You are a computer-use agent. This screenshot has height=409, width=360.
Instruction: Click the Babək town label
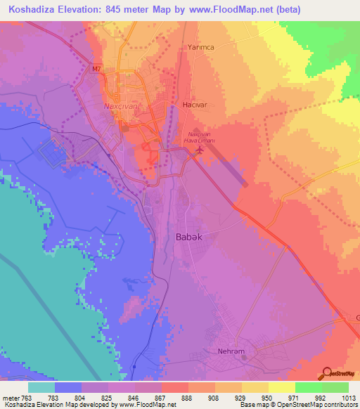(x=188, y=238)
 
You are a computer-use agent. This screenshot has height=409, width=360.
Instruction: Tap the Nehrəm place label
(x=231, y=349)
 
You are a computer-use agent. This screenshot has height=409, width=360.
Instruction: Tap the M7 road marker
(x=96, y=69)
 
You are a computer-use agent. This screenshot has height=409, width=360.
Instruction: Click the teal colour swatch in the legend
(x=41, y=387)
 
